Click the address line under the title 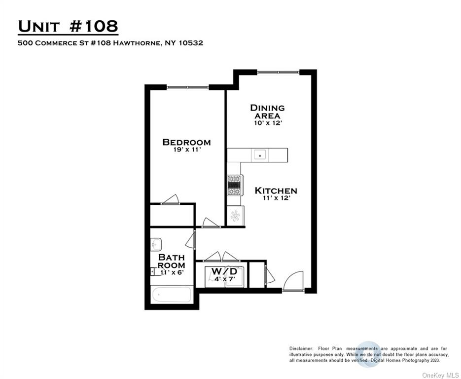(x=110, y=43)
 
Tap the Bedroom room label (x=186, y=142)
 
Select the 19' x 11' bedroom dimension (x=186, y=150)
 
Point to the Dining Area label (x=267, y=112)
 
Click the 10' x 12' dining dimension (x=267, y=123)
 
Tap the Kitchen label (x=276, y=190)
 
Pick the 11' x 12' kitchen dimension (x=276, y=198)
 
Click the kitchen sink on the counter (x=260, y=155)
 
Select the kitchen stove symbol (x=234, y=185)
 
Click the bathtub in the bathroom (x=172, y=295)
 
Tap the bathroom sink (x=156, y=244)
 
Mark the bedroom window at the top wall (x=188, y=87)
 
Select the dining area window (x=278, y=73)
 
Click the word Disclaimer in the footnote (x=301, y=349)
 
